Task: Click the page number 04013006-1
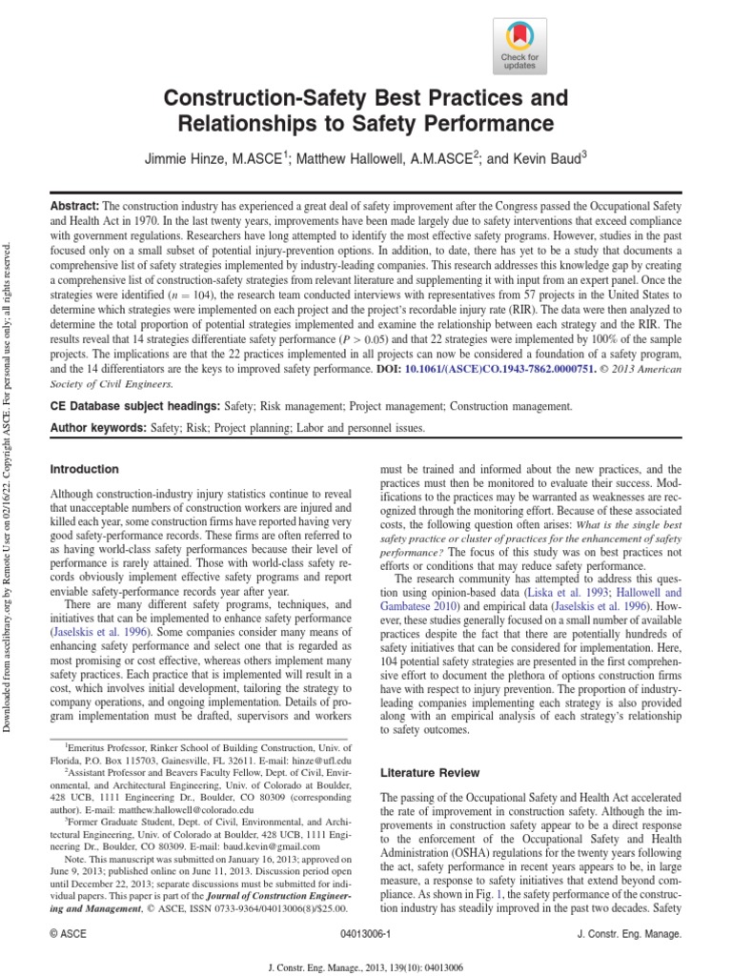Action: [367, 938]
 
